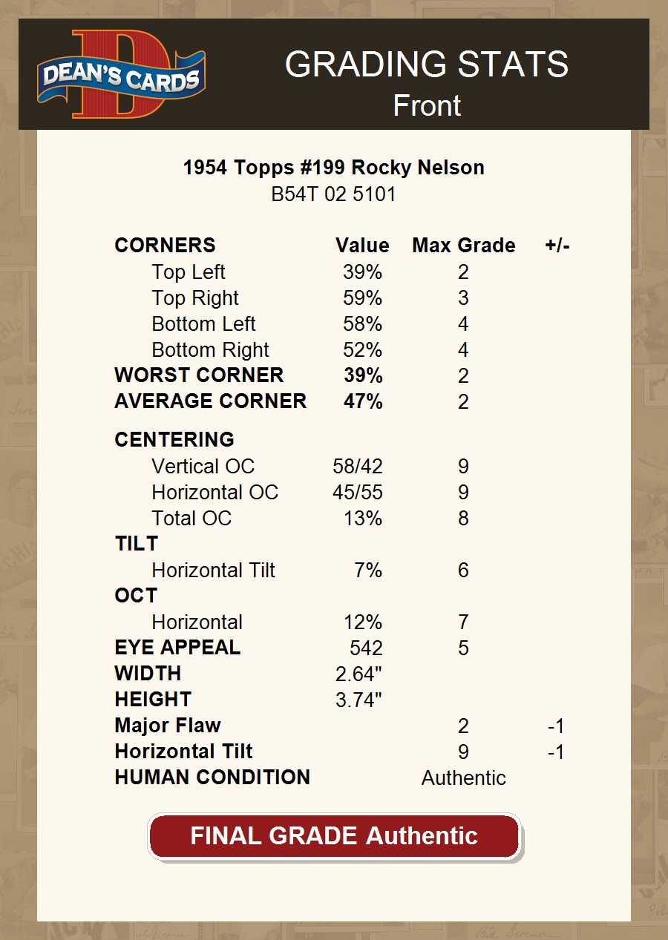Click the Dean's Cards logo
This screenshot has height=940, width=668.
[x=121, y=74]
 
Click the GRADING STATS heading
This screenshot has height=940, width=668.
[x=426, y=65]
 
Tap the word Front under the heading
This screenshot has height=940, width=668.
[x=427, y=105]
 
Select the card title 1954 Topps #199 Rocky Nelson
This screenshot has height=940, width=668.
[x=333, y=168]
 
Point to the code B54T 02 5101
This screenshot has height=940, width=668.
[x=333, y=194]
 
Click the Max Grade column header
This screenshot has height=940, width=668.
[x=463, y=246]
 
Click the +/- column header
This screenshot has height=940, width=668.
[x=557, y=246]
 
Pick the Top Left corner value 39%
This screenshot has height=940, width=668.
[x=362, y=272]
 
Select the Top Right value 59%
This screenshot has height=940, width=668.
[x=362, y=298]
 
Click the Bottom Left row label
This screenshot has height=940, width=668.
[x=203, y=324]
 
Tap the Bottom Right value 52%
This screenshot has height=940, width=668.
[x=362, y=350]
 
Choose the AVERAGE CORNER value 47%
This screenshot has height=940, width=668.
[x=363, y=401]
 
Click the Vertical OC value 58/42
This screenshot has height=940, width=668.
[x=358, y=467]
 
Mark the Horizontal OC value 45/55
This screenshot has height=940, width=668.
[x=358, y=493]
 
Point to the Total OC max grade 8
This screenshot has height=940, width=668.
[x=463, y=519]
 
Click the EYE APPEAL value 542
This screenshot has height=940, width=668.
[x=366, y=648]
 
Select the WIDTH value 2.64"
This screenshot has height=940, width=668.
[x=358, y=674]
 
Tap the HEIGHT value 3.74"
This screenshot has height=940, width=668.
[x=358, y=700]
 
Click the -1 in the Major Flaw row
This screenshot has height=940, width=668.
[x=556, y=726]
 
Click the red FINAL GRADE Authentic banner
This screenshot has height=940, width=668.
[x=334, y=836]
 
